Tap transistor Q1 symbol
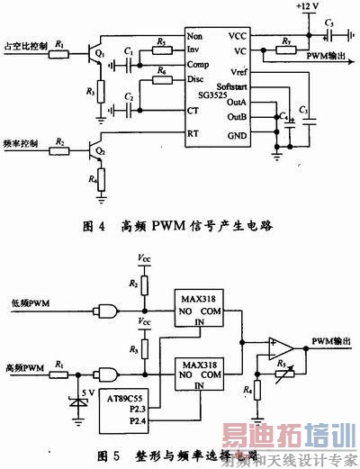coord(94,54)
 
